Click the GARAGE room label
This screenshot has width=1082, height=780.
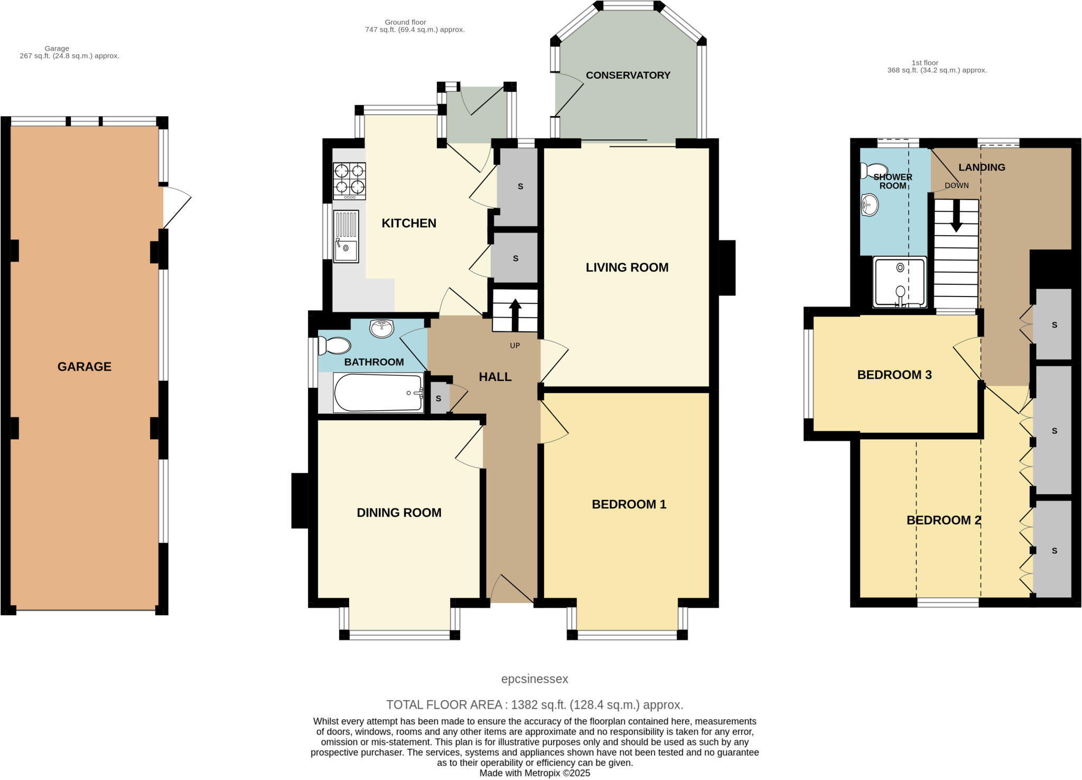tap(84, 366)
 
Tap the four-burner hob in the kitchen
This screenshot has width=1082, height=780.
tap(349, 180)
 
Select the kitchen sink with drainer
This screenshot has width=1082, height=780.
tap(346, 236)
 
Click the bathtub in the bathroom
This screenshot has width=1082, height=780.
tap(378, 393)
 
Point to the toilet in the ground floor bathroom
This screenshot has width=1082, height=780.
tap(334, 346)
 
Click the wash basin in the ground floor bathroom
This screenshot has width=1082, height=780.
tap(381, 328)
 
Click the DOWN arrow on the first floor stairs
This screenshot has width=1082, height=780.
tap(956, 217)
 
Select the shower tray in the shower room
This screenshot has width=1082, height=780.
tap(900, 282)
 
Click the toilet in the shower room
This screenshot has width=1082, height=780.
tap(870, 171)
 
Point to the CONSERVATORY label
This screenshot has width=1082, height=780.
tap(628, 76)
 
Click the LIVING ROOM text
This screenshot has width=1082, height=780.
tap(627, 267)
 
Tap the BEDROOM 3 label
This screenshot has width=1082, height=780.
tap(894, 375)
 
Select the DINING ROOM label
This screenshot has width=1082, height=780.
tap(399, 513)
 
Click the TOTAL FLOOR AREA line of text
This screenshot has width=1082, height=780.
tap(535, 704)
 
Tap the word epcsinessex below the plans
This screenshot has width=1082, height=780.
tap(535, 679)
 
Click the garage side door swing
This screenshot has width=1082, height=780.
tap(176, 206)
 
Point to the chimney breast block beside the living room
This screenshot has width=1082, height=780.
tap(727, 267)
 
